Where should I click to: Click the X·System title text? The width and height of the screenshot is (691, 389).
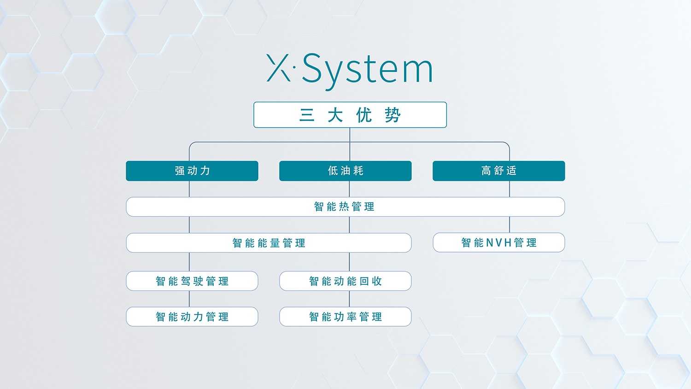click(350, 71)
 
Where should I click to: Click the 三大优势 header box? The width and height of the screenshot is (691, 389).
click(350, 115)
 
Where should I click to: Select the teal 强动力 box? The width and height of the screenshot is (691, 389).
click(192, 171)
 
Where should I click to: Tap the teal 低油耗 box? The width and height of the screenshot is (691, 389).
click(345, 171)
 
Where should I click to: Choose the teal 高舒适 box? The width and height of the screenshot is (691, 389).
click(499, 171)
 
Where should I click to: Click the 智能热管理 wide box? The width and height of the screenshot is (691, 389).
click(345, 206)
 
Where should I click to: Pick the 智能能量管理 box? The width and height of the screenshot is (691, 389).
click(269, 242)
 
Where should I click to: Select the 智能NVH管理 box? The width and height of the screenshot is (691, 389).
click(499, 242)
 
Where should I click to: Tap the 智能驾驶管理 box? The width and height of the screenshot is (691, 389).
click(192, 281)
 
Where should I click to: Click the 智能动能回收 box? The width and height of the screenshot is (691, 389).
click(345, 281)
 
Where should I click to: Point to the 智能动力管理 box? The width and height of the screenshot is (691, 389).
click(192, 317)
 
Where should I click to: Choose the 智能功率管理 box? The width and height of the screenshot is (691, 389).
click(345, 317)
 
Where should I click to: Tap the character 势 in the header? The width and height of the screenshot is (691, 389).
click(392, 115)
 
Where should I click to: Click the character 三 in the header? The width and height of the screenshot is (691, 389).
click(307, 115)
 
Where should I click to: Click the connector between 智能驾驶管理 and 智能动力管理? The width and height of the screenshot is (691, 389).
click(189, 299)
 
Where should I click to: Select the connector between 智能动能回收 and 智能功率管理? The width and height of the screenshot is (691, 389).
click(349, 299)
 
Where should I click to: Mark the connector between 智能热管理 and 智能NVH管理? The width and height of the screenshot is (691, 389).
click(509, 224)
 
